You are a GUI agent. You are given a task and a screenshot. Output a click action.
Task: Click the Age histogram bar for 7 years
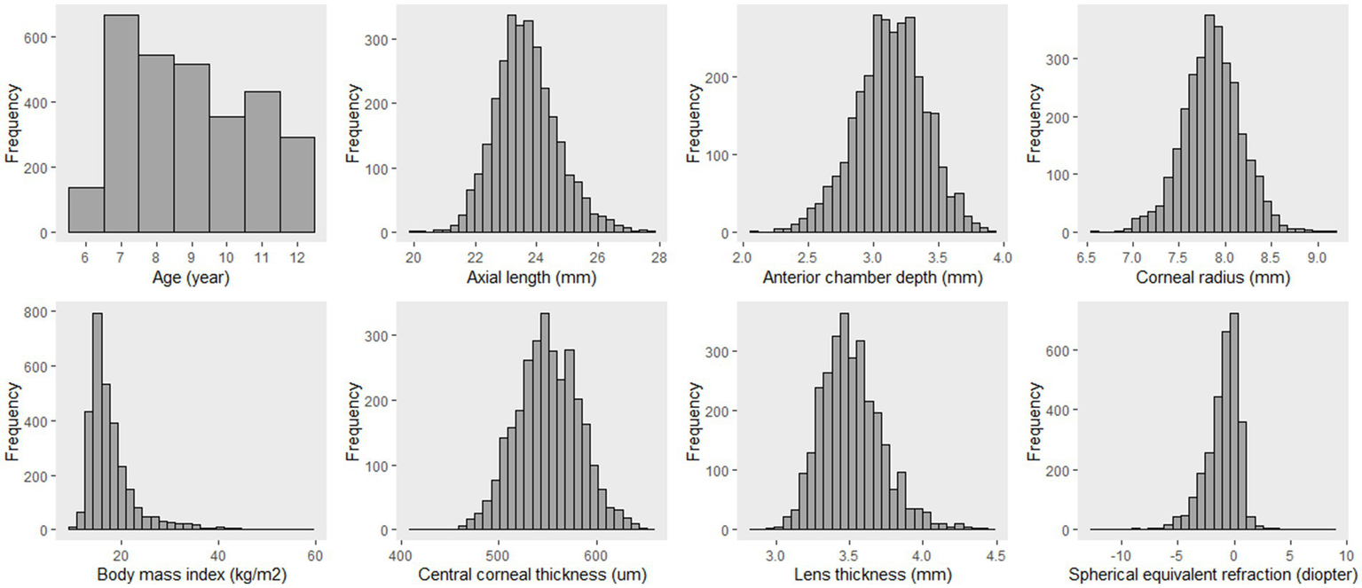point(121,124)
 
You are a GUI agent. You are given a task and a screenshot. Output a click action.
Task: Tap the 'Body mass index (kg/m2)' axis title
point(191,575)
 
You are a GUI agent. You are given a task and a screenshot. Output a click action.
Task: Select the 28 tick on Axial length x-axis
point(656,257)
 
